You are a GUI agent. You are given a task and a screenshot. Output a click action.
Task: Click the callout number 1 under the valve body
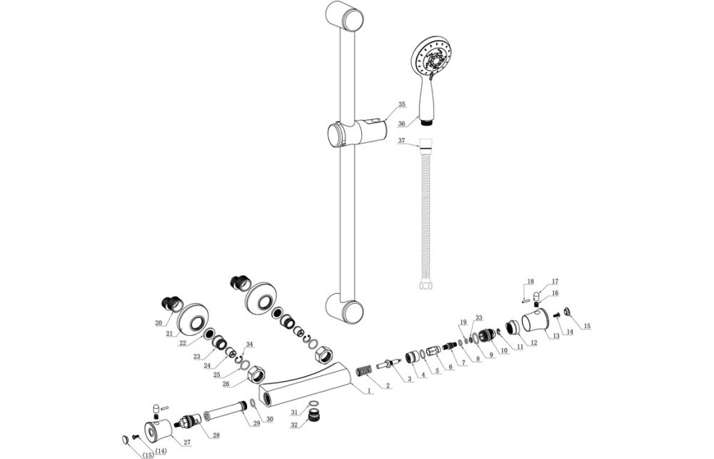[x=368, y=392]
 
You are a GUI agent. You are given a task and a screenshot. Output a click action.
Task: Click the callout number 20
[x=159, y=322]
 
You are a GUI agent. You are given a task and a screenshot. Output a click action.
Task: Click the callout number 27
[x=187, y=443]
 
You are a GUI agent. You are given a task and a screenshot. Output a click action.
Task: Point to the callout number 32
[x=293, y=425]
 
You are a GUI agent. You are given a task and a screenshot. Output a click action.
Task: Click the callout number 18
[x=530, y=281]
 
